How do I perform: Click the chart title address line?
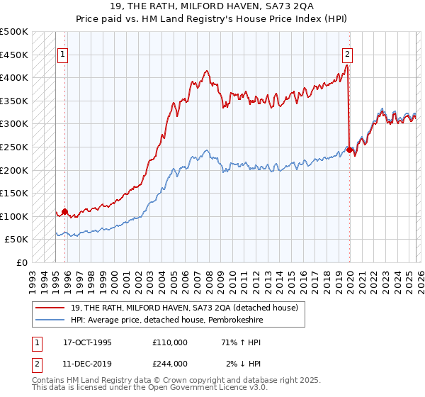[212, 8]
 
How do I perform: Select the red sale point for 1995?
[64, 211]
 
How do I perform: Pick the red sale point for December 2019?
[349, 150]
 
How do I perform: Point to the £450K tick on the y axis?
[14, 55]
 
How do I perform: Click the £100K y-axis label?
[14, 216]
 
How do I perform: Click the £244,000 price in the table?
[170, 364]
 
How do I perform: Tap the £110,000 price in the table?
[170, 342]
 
